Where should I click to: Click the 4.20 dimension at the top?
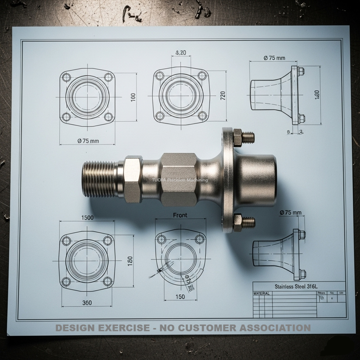click(180, 53)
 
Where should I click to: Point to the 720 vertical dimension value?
click(223, 96)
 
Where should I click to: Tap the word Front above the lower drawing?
click(180, 215)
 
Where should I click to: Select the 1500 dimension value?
click(87, 218)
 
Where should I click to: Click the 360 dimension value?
click(87, 303)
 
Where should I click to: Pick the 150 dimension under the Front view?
click(180, 297)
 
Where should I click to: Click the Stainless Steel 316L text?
click(298, 286)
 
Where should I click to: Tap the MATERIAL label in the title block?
click(262, 293)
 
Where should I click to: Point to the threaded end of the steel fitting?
click(99, 179)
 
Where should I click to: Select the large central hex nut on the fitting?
click(179, 179)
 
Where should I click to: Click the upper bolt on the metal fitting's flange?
click(243, 137)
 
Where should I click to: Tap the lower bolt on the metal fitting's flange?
click(243, 222)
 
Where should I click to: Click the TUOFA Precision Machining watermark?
click(180, 180)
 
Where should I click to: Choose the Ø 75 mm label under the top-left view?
click(88, 141)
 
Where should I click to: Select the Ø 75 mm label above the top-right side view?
click(274, 58)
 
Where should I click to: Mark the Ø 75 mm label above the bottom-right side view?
click(290, 213)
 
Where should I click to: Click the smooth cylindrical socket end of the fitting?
click(256, 180)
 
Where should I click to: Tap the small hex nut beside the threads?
click(133, 179)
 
